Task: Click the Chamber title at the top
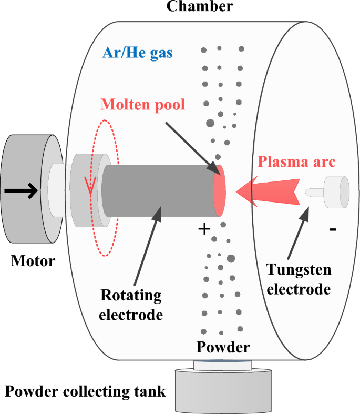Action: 199,6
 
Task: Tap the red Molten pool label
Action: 143,104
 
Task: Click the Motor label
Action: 33,260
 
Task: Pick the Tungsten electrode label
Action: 299,279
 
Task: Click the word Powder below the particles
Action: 223,347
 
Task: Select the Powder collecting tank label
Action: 86,391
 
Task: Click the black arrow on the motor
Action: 21,190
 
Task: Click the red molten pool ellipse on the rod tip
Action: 220,190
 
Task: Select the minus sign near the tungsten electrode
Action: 332,230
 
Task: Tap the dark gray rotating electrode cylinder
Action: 158,190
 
